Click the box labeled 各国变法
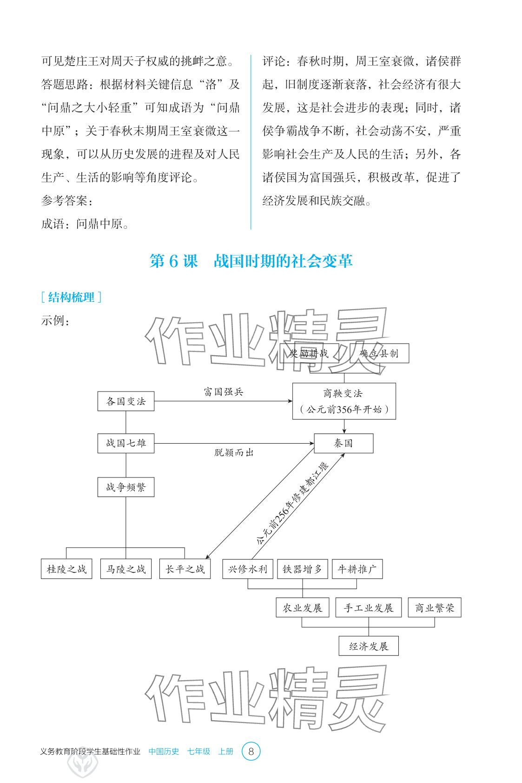[x=126, y=401]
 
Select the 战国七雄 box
[x=126, y=443]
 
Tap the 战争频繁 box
[x=126, y=487]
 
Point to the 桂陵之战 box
[x=66, y=569]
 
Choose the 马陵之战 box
[x=126, y=569]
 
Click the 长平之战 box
[x=185, y=569]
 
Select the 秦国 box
[x=344, y=443]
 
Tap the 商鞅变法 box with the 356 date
[x=344, y=401]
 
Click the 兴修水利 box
[x=248, y=569]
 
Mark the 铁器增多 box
[x=303, y=569]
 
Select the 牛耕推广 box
[x=357, y=569]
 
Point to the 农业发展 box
[x=303, y=608]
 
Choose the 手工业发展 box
[x=369, y=608]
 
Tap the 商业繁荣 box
[x=435, y=608]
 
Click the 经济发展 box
[x=369, y=646]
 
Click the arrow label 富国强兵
[x=224, y=392]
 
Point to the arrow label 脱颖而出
[x=234, y=452]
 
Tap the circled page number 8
[x=251, y=751]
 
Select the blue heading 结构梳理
[x=71, y=298]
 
